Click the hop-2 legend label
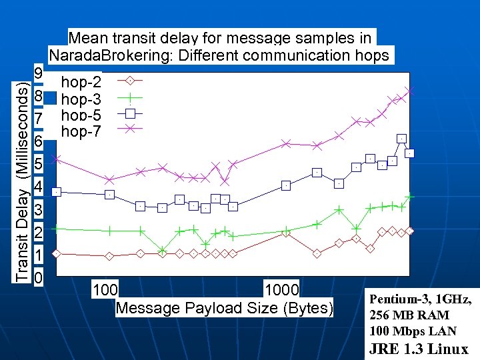coord(81,83)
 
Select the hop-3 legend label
coord(81,100)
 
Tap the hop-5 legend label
coord(81,115)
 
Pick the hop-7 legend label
coord(81,131)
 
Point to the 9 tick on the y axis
coord(39,73)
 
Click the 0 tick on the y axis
coord(39,277)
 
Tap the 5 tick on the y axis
coord(39,164)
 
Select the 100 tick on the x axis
coord(105,290)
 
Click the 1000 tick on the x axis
coord(282,290)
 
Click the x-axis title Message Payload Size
coord(224,308)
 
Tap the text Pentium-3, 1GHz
coord(421,299)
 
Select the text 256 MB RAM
coord(409,315)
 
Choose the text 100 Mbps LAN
coord(413,331)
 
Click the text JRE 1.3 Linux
coord(419,349)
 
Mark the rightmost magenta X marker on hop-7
coord(410,90)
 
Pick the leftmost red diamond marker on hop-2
coord(57,253)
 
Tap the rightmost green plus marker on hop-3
coord(411,196)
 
